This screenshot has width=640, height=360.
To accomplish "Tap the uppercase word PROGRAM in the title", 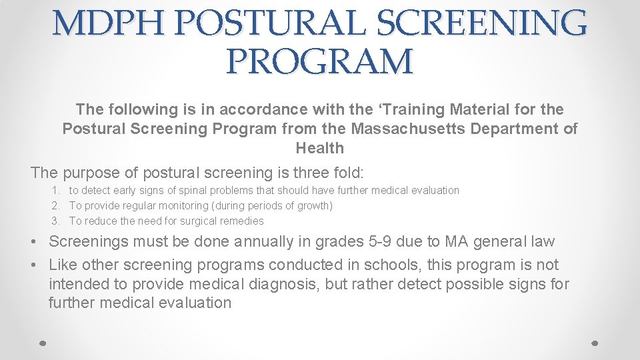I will point(320,62).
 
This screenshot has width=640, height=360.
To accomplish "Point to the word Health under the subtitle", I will point(320,148).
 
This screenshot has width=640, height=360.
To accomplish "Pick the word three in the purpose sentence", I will point(295,173).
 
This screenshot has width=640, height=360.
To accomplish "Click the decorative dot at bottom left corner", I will point(43,343).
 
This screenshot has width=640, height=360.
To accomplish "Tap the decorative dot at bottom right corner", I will point(596,343).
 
